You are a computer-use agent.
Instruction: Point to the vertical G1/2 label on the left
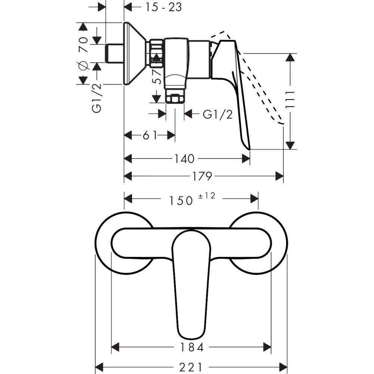pos(97,98)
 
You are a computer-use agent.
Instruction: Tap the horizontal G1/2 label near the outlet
pos(218,114)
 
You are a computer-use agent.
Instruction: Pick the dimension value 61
pos(150,135)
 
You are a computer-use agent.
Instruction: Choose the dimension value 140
pos(184,159)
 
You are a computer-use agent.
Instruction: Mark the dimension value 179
pos(203,176)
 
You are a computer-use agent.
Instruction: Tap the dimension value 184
pos(191,348)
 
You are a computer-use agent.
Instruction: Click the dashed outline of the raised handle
pos(262,90)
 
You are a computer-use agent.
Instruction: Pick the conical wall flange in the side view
pos(134,53)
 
